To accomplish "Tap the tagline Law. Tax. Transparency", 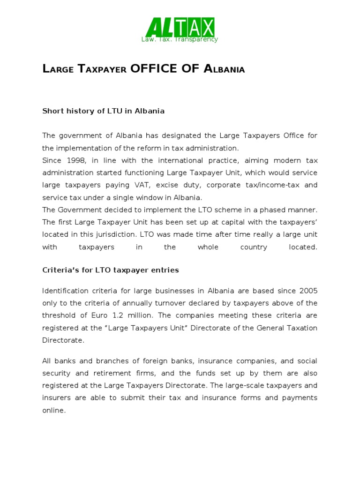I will pos(180,39).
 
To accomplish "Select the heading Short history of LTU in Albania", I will pos(103,111).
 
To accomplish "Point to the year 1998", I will pos(72,160).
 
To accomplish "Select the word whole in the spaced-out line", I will pos(208,247).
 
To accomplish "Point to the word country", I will pos(254,247).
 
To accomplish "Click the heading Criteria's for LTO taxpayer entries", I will pos(111,270).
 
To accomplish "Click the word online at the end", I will pos(53,410).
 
